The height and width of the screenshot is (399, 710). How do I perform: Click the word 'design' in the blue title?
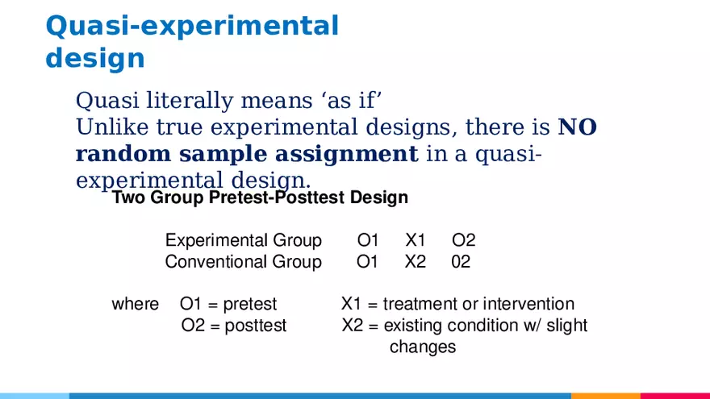point(95,59)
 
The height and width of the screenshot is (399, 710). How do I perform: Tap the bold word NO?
point(577,127)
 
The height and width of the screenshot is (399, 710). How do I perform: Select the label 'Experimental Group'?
point(243,240)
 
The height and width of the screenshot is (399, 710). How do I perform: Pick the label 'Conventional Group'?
point(243,262)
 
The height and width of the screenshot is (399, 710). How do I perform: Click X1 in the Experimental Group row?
point(415,240)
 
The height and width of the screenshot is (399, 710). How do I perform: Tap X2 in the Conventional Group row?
point(415,262)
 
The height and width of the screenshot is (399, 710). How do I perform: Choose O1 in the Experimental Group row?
point(367,240)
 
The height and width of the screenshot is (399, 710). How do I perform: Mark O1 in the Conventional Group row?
point(367,262)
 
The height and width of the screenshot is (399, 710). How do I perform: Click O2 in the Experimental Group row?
point(463,240)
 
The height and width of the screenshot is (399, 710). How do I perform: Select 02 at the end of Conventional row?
point(461,262)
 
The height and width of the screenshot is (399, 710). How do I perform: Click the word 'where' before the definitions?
point(135,305)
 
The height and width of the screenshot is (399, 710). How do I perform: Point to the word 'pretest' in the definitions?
point(249,305)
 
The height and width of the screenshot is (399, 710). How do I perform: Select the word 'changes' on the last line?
point(423,347)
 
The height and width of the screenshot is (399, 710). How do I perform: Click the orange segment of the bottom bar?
point(605,396)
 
